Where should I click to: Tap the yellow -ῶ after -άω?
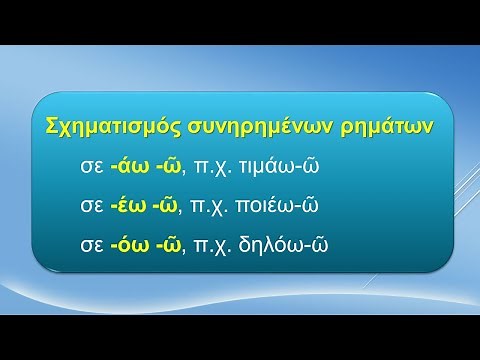coord(161,166)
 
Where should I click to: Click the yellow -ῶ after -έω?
coord(161,205)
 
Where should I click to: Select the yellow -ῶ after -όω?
coord(161,244)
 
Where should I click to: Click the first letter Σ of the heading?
coord(53,126)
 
